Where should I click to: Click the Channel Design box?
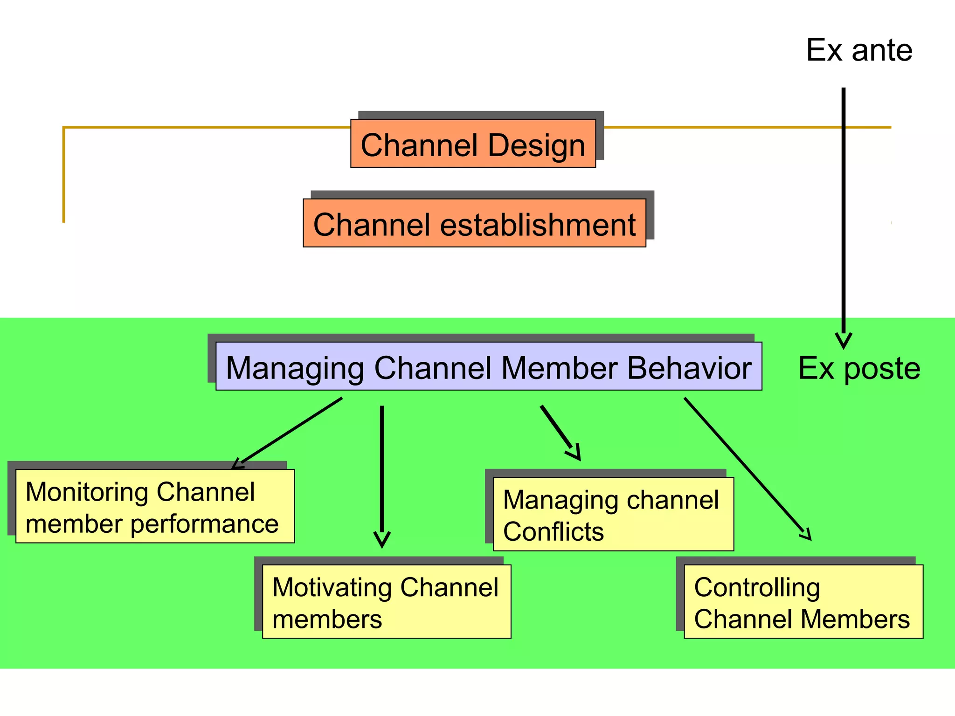point(473,144)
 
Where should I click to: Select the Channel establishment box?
point(474,223)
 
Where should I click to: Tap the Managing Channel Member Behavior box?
point(488,366)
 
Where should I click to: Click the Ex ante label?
point(859,50)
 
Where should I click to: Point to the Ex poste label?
point(859,368)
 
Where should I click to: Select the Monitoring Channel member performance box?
point(155,506)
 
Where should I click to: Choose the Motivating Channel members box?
point(387,601)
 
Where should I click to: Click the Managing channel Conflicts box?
point(613,514)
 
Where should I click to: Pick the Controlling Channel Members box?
point(803,601)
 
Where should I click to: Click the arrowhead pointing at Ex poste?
point(844,342)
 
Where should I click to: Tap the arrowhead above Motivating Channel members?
point(382,541)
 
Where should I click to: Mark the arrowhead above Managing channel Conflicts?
point(575,453)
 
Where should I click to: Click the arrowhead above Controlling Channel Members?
point(806,535)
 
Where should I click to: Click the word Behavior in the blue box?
point(689,368)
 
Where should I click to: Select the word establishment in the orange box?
point(538,225)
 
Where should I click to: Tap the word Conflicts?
point(554,531)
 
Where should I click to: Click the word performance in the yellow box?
point(204,524)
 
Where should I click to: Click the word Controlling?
point(757,587)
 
